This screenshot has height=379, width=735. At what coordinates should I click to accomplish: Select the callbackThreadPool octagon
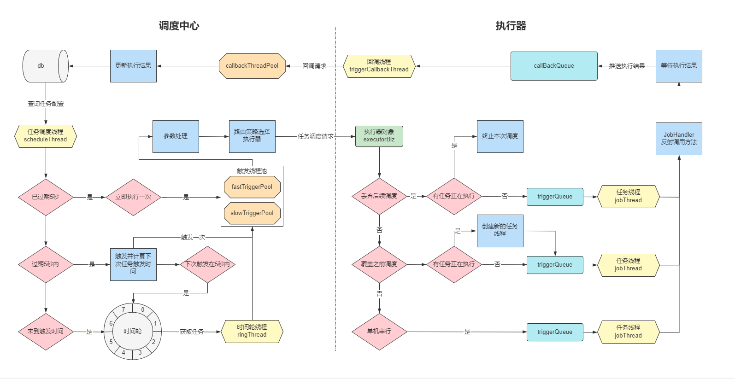coord(252,66)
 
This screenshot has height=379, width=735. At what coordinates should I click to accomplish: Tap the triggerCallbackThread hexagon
coord(379,66)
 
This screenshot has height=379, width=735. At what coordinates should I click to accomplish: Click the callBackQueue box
coord(554,66)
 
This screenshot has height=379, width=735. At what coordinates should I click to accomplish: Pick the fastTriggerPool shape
coord(252,187)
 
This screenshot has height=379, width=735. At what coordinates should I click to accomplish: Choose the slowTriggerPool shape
coord(252,213)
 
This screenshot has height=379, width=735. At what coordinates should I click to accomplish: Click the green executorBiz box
coord(379,136)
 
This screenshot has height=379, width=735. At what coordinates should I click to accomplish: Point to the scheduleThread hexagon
coord(46,136)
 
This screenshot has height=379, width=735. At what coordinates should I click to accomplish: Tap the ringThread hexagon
coord(252,331)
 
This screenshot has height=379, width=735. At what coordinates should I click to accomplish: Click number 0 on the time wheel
coord(143,309)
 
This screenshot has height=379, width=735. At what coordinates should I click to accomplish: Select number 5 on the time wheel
coord(111,342)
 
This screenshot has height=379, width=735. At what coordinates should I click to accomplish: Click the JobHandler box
coord(679,139)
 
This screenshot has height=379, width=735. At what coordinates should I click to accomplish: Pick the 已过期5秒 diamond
coord(46,197)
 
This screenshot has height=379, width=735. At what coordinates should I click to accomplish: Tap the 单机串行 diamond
coord(379,332)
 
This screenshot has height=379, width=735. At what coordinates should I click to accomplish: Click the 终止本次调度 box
coord(500,136)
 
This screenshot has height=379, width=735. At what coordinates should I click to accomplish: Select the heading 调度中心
coord(179,26)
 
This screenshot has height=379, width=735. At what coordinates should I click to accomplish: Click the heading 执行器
coord(511,26)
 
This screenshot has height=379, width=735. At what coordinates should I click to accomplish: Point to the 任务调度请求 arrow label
coord(316,136)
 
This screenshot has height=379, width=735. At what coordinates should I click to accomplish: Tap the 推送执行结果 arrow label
coord(627,66)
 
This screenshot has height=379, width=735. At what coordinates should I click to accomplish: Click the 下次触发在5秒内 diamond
coord(207,264)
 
